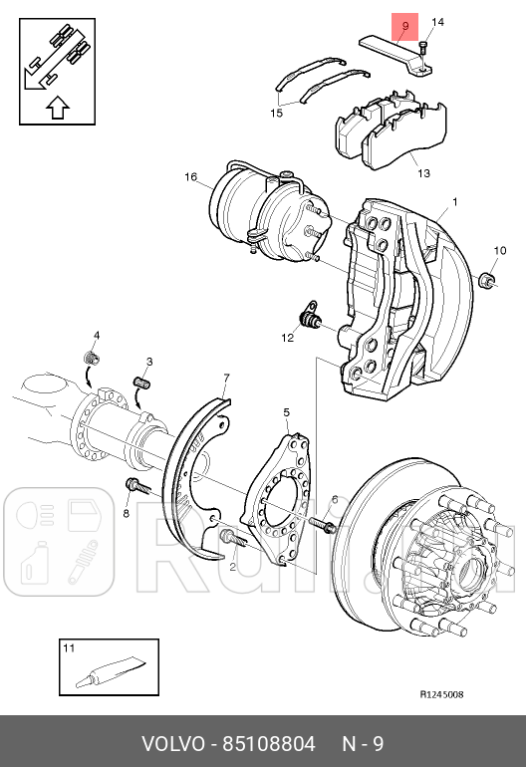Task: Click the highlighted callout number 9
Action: click(405, 29)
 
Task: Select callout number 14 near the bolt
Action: click(437, 22)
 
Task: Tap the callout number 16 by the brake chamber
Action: click(190, 177)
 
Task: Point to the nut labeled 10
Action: click(488, 279)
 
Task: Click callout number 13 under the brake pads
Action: click(423, 173)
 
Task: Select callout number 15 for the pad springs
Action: click(276, 114)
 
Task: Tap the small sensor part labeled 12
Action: click(311, 320)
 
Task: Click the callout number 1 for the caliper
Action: click(455, 203)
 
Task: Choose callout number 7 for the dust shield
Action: click(226, 378)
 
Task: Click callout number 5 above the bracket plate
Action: click(286, 411)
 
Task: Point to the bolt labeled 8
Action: click(136, 487)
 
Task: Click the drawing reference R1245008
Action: click(440, 694)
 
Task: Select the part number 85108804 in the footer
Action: click(269, 743)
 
